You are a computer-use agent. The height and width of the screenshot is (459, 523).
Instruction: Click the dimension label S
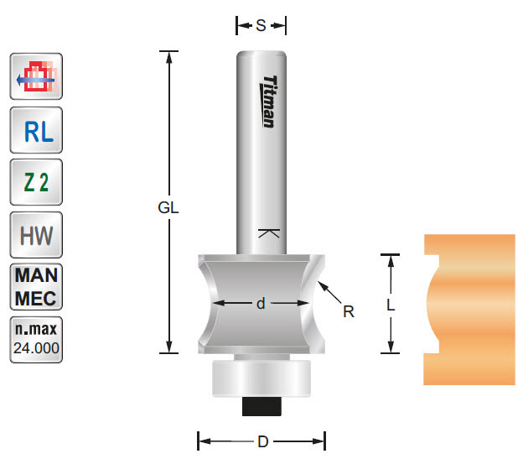[x=261, y=26]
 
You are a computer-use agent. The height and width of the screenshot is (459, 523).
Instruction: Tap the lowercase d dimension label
[x=261, y=304]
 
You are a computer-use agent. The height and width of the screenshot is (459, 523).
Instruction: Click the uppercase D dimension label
[x=261, y=440]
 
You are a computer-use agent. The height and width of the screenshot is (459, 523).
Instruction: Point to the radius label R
[x=350, y=312]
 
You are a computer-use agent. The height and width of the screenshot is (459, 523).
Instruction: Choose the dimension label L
[x=391, y=306]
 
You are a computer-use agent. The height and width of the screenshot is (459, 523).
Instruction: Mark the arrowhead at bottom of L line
[x=391, y=347]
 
